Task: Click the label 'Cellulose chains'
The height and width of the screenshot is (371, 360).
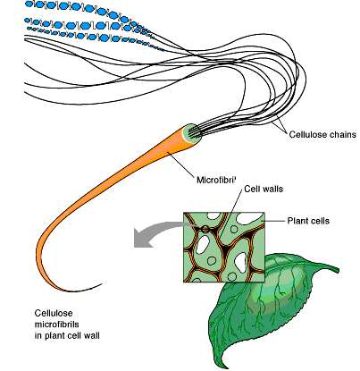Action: (322, 135)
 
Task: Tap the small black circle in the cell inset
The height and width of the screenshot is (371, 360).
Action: (205, 231)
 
